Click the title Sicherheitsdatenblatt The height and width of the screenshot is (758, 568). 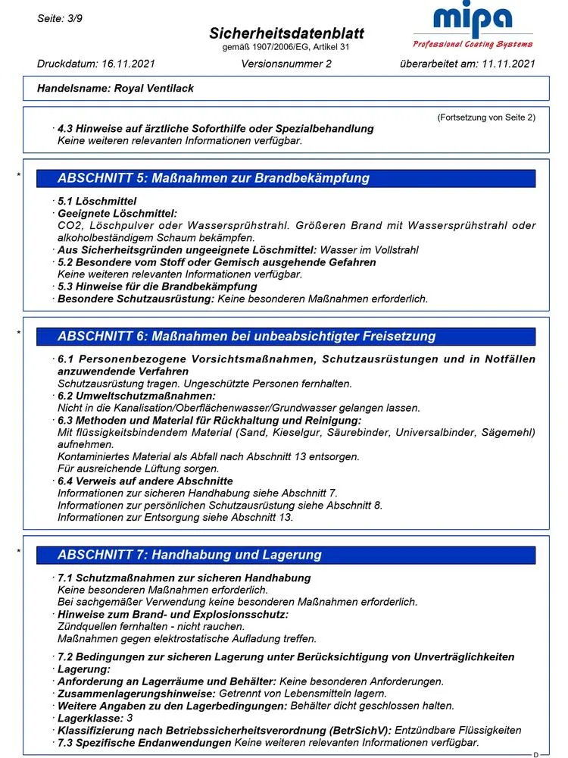click(286, 33)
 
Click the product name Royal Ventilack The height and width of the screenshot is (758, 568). click(154, 88)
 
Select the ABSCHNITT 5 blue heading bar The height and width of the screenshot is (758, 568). click(295, 179)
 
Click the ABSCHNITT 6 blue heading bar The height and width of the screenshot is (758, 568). click(295, 336)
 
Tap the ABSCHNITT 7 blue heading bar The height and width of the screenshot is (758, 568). click(295, 555)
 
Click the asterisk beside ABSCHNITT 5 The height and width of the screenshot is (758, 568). click(19, 177)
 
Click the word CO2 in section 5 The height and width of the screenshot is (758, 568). click(70, 225)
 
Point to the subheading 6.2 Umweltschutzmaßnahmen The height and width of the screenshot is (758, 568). click(136, 396)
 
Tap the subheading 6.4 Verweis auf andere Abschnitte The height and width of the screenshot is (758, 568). click(145, 481)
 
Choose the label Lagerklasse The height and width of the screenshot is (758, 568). click(90, 718)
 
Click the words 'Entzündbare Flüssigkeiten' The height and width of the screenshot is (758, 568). click(458, 730)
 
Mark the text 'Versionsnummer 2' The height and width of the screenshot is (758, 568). click(286, 64)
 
